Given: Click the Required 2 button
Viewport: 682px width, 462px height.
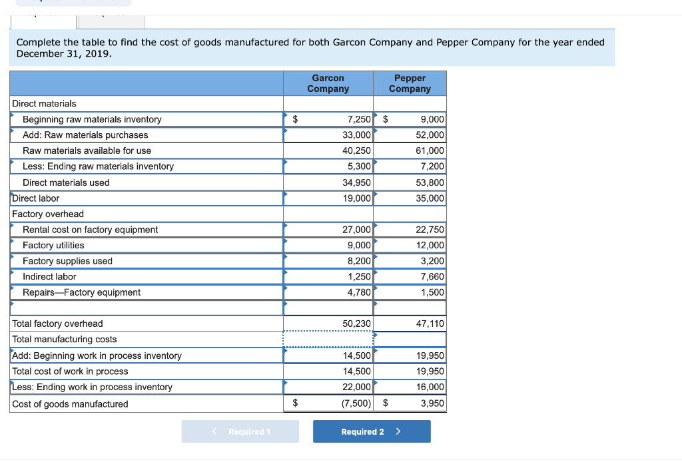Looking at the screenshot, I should coord(372,431).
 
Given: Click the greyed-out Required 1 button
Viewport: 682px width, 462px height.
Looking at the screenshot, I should coord(240,431).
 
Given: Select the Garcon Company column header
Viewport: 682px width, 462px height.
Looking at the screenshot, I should coord(328,84).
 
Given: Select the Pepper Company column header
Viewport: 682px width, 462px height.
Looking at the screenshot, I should coord(410,84).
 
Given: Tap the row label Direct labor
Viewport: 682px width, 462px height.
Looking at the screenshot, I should coord(36,198).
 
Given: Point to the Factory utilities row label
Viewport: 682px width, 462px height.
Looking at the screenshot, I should coord(53,245).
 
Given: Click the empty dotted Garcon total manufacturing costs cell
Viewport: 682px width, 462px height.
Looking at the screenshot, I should coord(328,340).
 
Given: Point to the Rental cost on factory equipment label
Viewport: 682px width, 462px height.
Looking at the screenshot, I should coord(90,230).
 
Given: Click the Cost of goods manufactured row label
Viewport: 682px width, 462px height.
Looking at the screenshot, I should coord(70,404).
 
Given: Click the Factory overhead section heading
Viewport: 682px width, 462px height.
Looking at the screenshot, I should coord(48,214).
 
